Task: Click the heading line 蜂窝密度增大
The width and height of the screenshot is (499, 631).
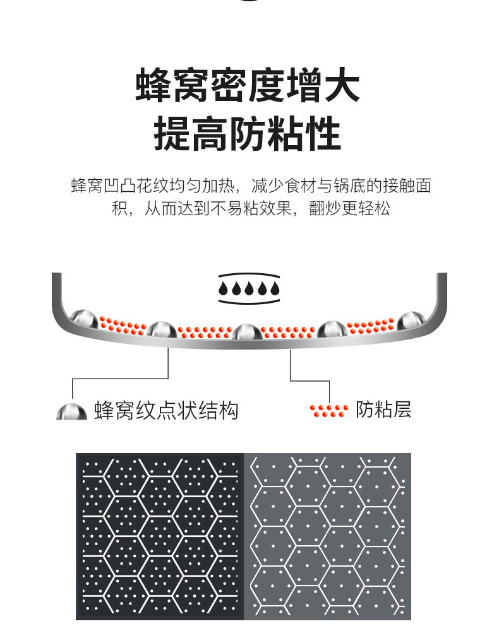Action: point(248,87)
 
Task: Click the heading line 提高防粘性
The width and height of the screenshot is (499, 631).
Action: point(248,133)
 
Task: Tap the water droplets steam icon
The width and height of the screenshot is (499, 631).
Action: point(249,288)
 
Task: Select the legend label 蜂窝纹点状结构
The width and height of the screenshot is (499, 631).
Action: point(166,411)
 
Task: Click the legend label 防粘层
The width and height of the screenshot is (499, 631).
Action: point(383,410)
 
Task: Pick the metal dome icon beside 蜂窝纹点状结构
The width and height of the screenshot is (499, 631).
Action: point(71,412)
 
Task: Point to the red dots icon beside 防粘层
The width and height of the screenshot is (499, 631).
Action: point(328,410)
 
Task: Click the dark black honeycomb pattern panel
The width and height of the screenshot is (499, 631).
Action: point(159,536)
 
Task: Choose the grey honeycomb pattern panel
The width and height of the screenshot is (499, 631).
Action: point(327,536)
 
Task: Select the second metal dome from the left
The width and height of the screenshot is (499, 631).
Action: point(162,329)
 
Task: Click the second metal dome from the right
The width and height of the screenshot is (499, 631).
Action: point(332,329)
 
